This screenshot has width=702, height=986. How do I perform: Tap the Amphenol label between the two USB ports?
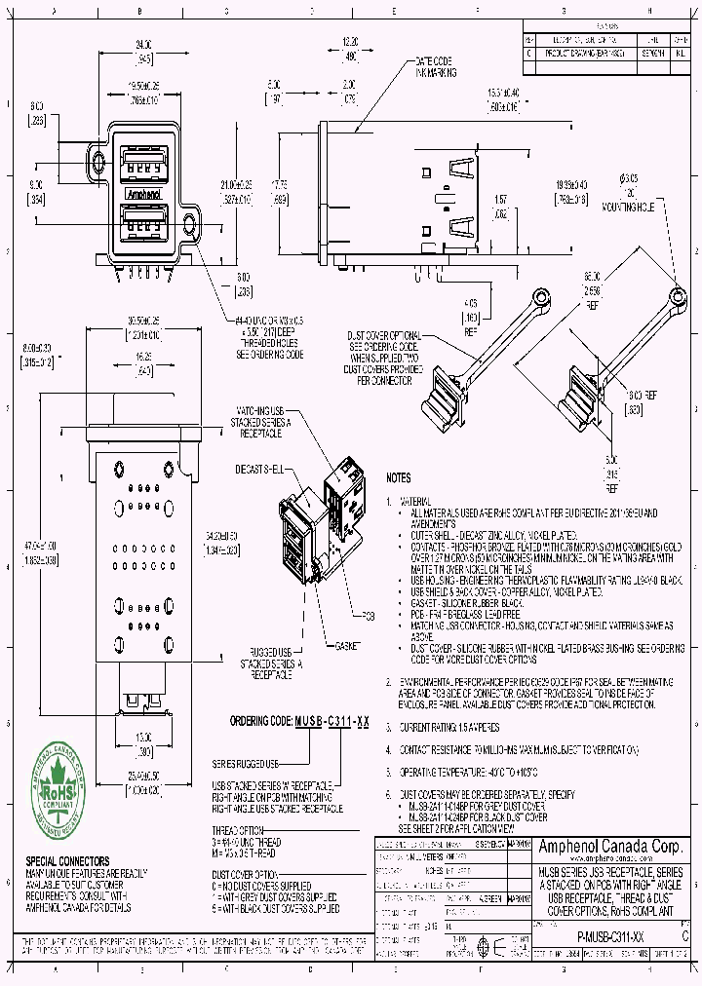click(x=143, y=194)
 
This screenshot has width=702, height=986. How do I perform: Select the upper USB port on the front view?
click(x=143, y=163)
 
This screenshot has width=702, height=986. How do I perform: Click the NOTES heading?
click(x=399, y=478)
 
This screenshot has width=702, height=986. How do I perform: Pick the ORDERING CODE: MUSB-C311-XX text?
click(x=299, y=722)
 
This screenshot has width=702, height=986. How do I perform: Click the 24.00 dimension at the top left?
click(x=143, y=45)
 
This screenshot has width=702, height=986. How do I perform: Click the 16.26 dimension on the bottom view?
click(x=144, y=358)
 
